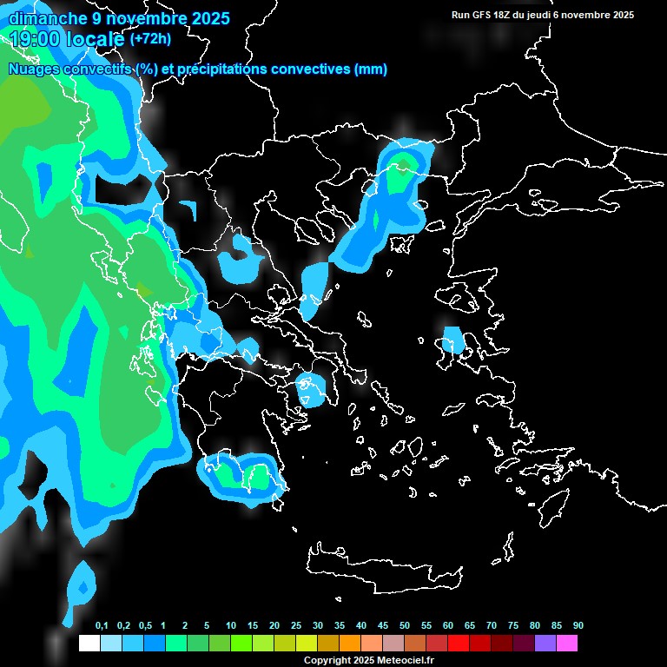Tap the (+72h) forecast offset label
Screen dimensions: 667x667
pyautogui.click(x=150, y=38)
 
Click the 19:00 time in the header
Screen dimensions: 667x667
pyautogui.click(x=39, y=39)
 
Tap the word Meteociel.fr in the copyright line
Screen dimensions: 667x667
pyautogui.click(x=406, y=661)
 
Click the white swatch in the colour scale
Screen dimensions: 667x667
pyautogui.click(x=89, y=644)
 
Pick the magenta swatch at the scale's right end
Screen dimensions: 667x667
pyautogui.click(x=567, y=644)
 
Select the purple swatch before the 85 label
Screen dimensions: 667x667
pyautogui.click(x=545, y=644)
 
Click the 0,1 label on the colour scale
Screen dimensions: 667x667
pyautogui.click(x=101, y=626)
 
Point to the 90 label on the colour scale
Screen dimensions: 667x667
pyautogui.click(x=578, y=626)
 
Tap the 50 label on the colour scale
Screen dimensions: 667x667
pyautogui.click(x=405, y=626)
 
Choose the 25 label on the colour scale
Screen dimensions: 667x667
pyautogui.click(x=296, y=626)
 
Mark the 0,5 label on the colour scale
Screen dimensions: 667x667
pyautogui.click(x=144, y=626)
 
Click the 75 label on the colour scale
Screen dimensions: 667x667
pyautogui.click(x=513, y=626)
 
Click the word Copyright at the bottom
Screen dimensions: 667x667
pyautogui.click(x=326, y=661)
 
